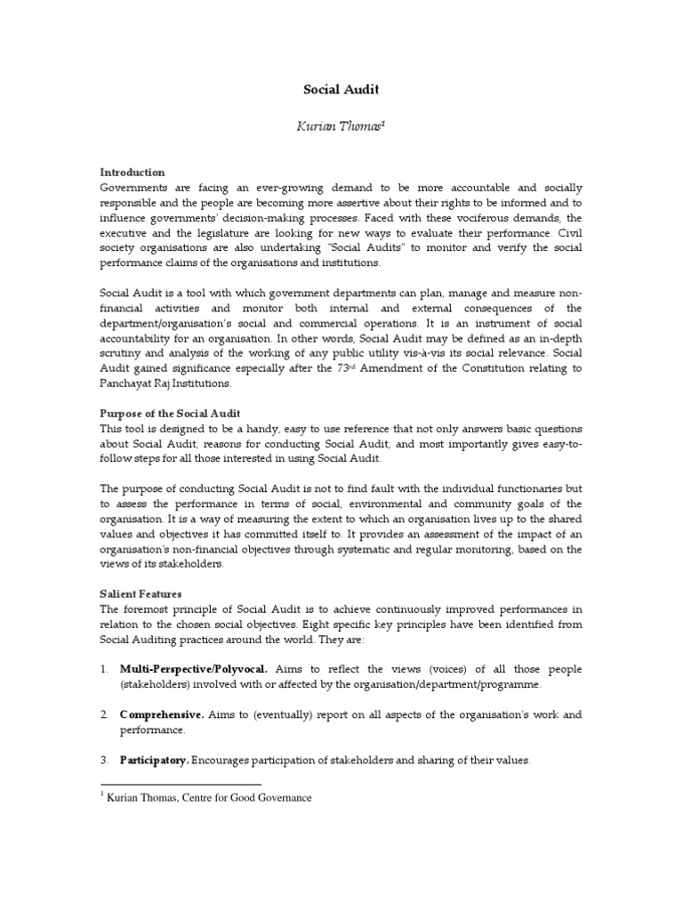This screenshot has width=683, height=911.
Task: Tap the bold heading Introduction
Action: click(132, 172)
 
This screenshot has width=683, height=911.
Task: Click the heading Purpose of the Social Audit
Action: click(170, 414)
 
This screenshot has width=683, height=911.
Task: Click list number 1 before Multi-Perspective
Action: click(104, 668)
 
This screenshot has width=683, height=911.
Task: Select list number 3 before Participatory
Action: click(104, 761)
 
